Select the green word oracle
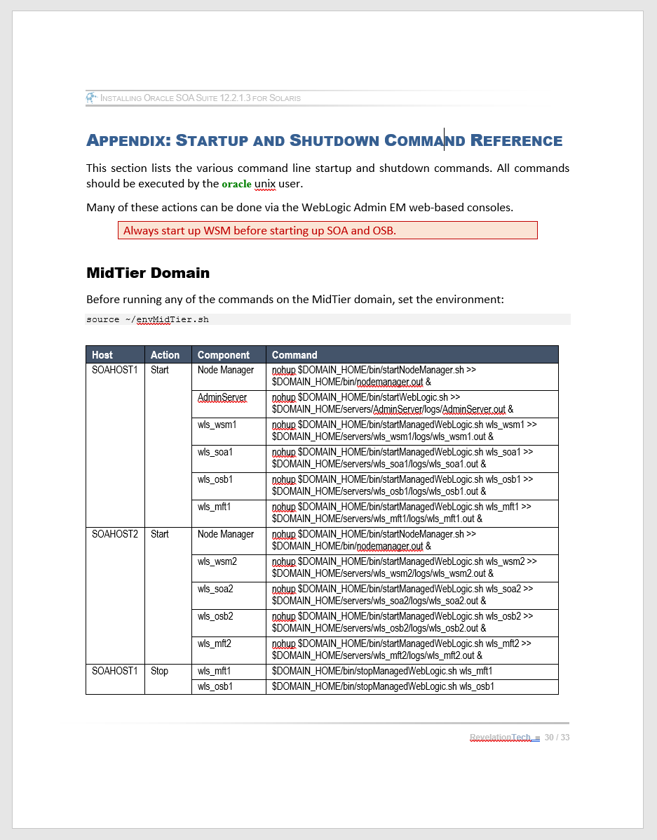236,185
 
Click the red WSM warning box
327,230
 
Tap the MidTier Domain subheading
148,272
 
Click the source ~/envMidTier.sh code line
147,319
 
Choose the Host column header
102,355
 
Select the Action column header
165,355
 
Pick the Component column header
223,355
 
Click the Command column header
294,355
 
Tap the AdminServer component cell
222,398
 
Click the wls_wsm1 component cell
217,425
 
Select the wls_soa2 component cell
215,589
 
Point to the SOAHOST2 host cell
115,534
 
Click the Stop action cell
160,671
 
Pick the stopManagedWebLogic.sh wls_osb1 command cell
382,686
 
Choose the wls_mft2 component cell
215,644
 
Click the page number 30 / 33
557,738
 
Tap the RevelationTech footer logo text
501,738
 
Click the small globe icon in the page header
92,98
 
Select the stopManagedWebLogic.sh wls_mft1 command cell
382,671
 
